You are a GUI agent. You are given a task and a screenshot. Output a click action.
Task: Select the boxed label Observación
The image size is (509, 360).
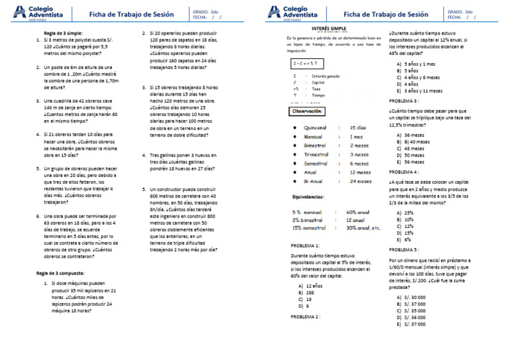[x=309, y=112]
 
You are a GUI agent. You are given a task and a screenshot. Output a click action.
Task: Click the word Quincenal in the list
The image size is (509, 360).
[x=314, y=127]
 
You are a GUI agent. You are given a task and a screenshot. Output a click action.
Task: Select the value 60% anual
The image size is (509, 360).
[x=358, y=212]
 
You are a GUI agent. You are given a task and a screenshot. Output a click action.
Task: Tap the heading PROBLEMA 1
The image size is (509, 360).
[x=305, y=245]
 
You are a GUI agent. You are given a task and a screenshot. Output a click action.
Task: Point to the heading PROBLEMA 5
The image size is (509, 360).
[x=404, y=249]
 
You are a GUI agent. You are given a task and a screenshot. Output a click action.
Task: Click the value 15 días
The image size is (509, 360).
[x=357, y=127]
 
